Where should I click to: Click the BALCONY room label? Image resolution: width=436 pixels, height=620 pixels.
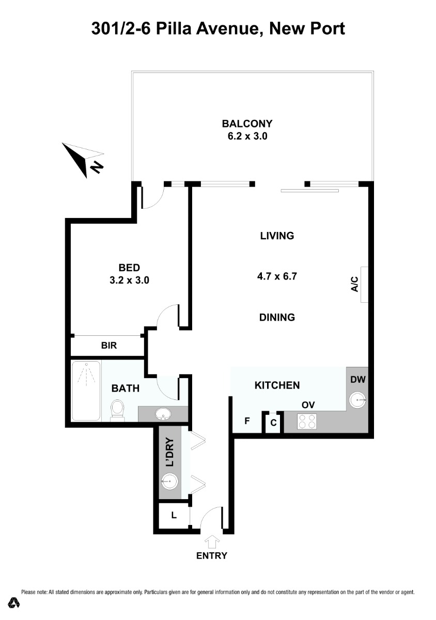[247, 123]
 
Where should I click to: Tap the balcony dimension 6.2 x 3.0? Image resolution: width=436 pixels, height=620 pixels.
[247, 136]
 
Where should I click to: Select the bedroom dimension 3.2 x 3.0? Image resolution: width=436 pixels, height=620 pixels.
[129, 281]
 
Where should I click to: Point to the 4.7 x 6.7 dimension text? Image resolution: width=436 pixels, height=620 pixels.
[277, 276]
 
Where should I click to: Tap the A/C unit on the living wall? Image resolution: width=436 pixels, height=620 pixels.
[364, 285]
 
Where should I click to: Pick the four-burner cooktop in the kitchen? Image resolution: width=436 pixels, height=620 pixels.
[306, 421]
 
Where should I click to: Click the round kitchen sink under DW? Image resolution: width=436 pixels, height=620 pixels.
[357, 400]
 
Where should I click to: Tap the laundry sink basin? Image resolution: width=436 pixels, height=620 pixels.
[169, 482]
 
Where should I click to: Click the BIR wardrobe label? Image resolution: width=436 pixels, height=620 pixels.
[109, 346]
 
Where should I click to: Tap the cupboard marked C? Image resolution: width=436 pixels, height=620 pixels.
[273, 423]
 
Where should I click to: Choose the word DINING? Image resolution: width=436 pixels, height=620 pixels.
[277, 317]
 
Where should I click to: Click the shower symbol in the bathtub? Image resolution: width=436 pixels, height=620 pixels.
[86, 374]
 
